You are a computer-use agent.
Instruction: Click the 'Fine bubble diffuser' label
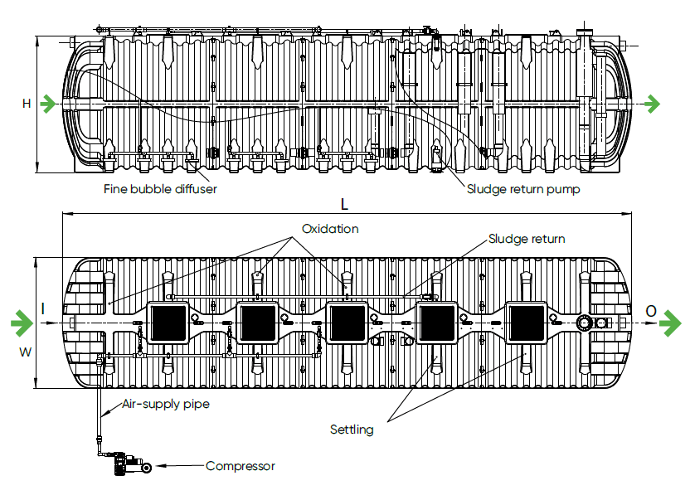tap(160, 189)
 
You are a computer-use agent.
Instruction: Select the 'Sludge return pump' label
tap(522, 189)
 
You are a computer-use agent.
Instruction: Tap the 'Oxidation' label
tap(330, 229)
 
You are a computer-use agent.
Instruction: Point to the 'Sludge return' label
tap(527, 239)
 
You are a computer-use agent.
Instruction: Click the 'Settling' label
tap(352, 430)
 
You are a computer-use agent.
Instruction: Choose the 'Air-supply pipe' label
tap(166, 405)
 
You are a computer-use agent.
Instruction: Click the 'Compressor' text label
tap(240, 466)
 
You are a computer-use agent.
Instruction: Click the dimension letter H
tap(27, 104)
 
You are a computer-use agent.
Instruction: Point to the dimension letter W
tap(26, 352)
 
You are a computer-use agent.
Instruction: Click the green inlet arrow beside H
tap(50, 104)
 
